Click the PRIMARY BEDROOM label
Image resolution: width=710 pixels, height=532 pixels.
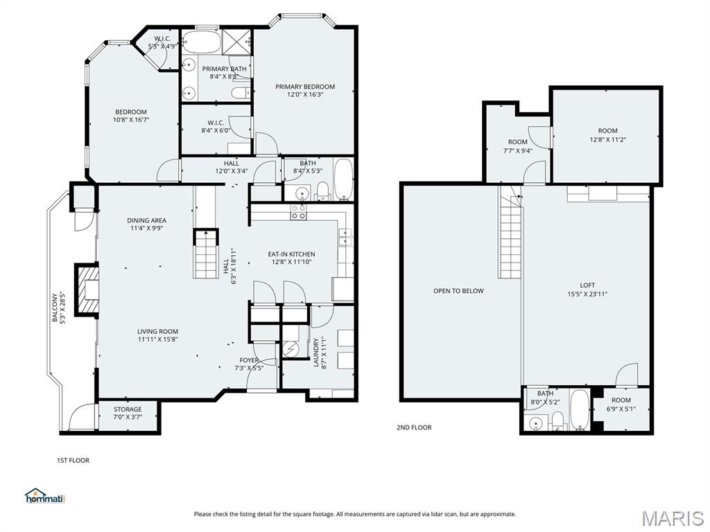click(x=304, y=87)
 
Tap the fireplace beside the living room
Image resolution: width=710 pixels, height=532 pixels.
click(x=87, y=289)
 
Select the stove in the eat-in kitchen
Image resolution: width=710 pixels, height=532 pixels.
click(x=298, y=212)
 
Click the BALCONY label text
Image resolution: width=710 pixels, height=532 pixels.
click(x=55, y=308)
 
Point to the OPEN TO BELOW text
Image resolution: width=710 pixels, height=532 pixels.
click(x=458, y=291)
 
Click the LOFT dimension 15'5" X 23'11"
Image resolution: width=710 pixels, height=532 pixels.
click(x=587, y=294)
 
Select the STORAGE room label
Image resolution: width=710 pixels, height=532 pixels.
click(x=128, y=409)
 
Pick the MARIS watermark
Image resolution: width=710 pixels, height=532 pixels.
click(x=672, y=517)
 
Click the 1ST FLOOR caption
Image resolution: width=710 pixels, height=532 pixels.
click(x=73, y=460)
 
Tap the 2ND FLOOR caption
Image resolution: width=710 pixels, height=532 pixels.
click(x=413, y=427)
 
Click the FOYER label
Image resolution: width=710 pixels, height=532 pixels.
click(x=249, y=360)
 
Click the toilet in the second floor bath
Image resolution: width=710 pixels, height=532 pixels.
click(x=557, y=420)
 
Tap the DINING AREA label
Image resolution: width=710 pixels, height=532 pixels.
click(x=146, y=220)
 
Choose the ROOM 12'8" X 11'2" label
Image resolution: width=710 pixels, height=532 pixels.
click(x=607, y=131)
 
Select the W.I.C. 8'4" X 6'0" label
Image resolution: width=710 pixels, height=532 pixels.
click(x=216, y=123)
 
